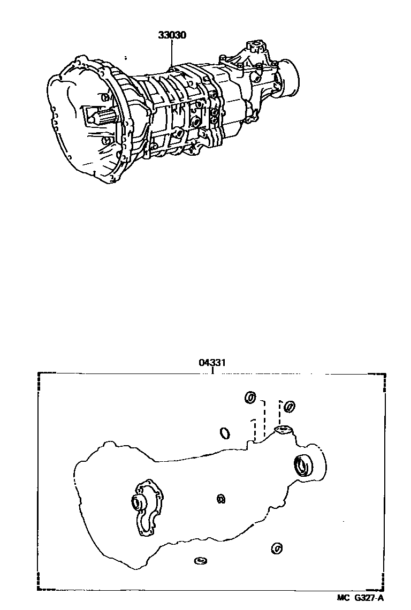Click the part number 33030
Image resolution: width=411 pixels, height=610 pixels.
(x=172, y=35)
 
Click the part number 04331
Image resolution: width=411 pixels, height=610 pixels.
(x=212, y=362)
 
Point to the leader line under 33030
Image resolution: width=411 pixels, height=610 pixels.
(x=172, y=54)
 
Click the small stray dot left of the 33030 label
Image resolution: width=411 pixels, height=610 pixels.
(x=126, y=57)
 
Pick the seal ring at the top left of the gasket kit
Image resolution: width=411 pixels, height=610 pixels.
(x=250, y=398)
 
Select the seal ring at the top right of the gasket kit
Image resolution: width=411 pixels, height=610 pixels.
(x=289, y=406)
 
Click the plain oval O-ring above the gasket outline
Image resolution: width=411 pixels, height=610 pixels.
(x=225, y=432)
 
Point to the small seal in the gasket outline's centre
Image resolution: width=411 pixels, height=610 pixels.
(x=220, y=499)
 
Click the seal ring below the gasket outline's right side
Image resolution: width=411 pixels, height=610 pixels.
(x=277, y=548)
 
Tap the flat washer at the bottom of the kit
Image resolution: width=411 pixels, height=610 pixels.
(x=200, y=560)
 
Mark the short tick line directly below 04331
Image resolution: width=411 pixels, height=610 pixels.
(x=212, y=370)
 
